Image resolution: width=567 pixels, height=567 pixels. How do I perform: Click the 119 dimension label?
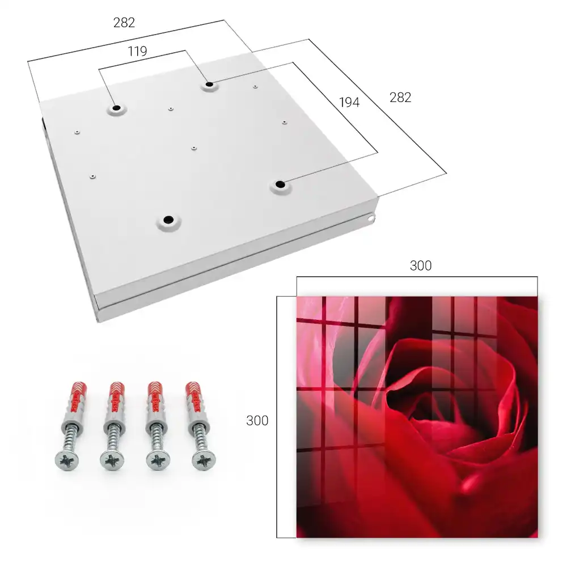137,52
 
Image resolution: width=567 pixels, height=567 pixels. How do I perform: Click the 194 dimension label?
349,103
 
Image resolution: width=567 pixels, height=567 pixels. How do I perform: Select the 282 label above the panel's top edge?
124,23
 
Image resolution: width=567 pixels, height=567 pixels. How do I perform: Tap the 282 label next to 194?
400,98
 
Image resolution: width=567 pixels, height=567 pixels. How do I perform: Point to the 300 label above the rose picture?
421,266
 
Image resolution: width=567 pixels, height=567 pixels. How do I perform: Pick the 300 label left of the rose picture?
257,421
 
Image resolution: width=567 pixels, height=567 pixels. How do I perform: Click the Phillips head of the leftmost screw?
67,461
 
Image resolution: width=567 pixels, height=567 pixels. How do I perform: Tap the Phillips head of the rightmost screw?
204,461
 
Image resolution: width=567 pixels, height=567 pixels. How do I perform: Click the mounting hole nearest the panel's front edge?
168,219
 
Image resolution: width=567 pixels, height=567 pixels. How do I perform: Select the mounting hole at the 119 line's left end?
116,108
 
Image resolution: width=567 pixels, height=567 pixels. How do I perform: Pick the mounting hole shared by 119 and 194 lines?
209,84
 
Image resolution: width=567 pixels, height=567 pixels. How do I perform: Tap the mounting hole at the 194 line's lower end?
280,184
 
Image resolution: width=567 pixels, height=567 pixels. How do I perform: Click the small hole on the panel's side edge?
371,218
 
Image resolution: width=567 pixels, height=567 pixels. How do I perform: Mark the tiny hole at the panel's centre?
194,148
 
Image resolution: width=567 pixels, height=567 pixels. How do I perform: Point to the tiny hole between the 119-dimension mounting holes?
171,108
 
